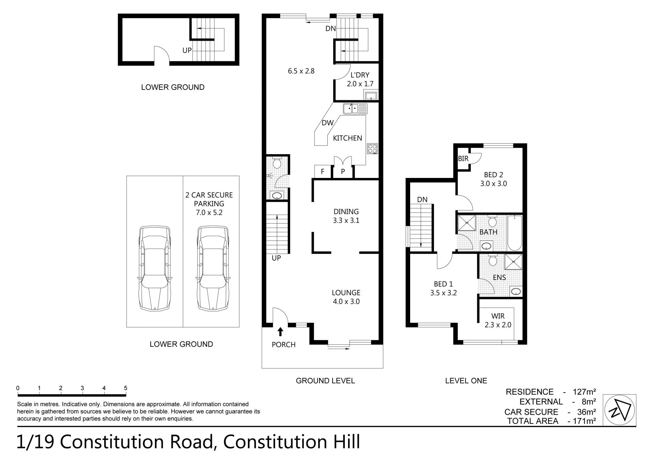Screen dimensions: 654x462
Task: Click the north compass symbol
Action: [619, 410]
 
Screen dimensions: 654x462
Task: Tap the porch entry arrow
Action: [280, 332]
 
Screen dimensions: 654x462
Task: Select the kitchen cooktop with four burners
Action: [372, 149]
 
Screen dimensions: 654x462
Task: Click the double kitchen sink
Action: [355, 109]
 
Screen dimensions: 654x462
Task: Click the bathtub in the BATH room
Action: [514, 233]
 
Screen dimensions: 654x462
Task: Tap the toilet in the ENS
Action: [492, 260]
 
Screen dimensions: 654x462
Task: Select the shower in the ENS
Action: [513, 262]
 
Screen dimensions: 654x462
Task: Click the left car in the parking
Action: [154, 268]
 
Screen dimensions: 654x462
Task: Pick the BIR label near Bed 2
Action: [463, 159]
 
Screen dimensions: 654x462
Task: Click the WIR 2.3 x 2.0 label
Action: [498, 320]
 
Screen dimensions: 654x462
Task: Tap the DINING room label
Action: [346, 212]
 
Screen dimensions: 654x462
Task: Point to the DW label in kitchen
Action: [327, 123]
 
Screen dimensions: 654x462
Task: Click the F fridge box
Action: [322, 172]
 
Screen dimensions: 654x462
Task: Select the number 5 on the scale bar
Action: [126, 388]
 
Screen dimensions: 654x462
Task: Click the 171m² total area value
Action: [584, 421]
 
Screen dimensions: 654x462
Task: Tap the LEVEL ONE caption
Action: [466, 381]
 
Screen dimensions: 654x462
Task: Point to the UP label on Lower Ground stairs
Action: [187, 50]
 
